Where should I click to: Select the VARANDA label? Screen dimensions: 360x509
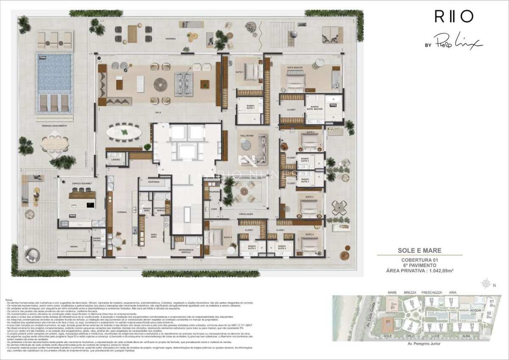pos(171,39)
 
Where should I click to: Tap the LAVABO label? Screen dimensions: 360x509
pos(116,159)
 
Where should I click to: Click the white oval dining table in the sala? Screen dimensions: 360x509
pos(123,132)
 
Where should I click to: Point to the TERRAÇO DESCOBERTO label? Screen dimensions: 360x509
pos(54,126)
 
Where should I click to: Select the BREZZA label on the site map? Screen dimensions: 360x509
pos(410,292)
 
